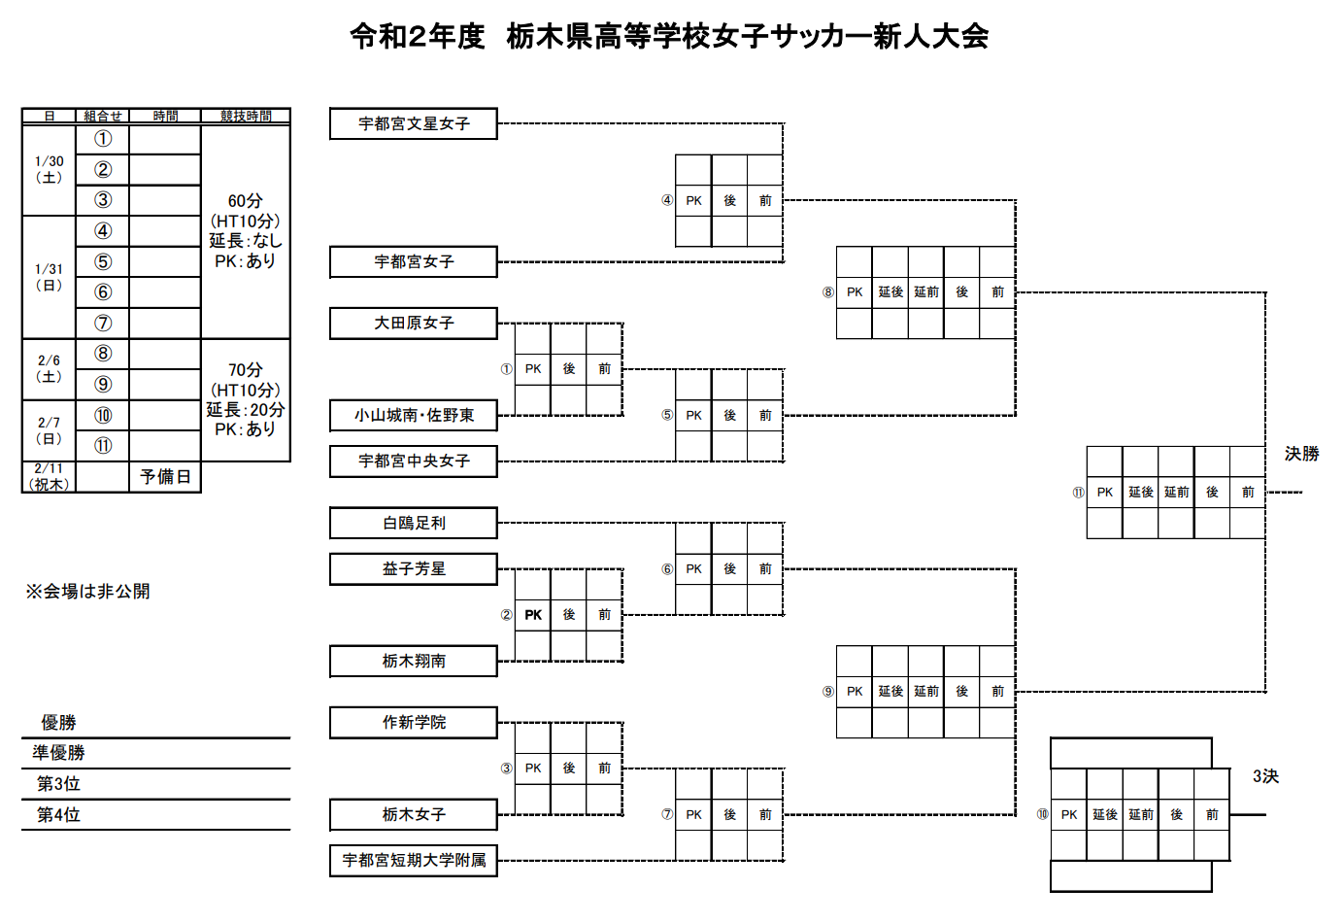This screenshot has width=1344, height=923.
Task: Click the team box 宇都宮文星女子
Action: (x=414, y=123)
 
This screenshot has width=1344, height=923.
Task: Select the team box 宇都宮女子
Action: (x=414, y=261)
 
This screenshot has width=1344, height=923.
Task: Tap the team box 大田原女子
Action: (x=414, y=323)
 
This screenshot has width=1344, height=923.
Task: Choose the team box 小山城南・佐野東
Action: (x=414, y=415)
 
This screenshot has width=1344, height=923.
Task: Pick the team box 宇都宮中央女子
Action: (x=414, y=461)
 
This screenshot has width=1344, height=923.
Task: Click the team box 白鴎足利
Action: (x=414, y=523)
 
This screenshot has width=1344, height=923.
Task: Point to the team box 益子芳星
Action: (x=414, y=568)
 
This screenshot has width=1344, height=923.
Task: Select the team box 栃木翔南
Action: (x=414, y=661)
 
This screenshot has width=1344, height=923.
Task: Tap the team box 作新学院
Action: (x=414, y=722)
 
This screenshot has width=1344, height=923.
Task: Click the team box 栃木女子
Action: (x=414, y=814)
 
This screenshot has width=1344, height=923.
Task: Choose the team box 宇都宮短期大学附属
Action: (x=414, y=860)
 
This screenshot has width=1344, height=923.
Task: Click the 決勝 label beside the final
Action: (x=1301, y=454)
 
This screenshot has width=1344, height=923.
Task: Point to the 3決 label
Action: (x=1265, y=776)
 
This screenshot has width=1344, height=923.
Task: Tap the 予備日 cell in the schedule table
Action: (x=165, y=477)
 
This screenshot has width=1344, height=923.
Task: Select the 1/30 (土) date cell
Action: (x=49, y=169)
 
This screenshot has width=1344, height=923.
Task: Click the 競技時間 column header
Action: (x=246, y=116)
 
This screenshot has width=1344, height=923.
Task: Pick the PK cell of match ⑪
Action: (x=1105, y=493)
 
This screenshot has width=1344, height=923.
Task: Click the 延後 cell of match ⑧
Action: (x=890, y=291)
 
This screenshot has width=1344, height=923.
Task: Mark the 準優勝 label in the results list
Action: (x=58, y=753)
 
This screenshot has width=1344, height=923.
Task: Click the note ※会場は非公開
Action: (x=87, y=591)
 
